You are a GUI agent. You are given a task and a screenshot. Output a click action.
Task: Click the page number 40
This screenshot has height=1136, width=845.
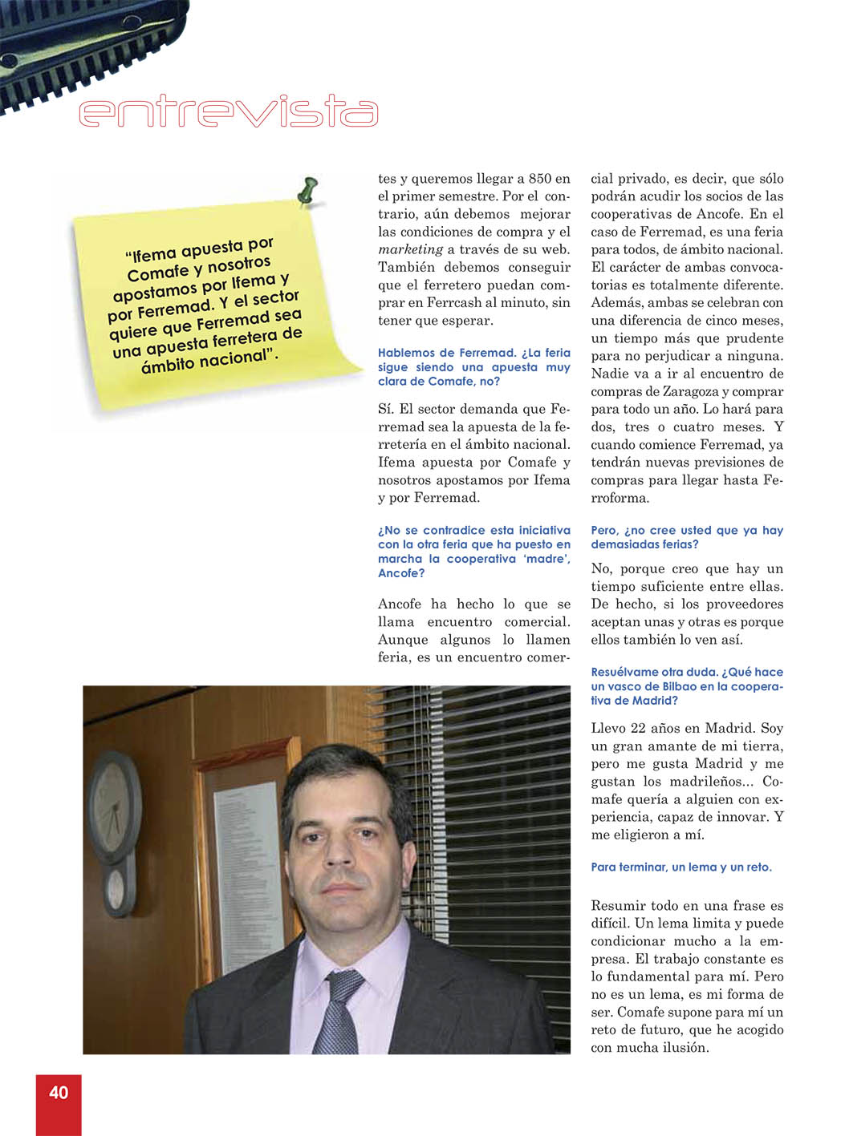[59, 1092]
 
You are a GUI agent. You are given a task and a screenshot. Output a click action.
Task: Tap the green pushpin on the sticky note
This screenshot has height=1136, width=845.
[307, 192]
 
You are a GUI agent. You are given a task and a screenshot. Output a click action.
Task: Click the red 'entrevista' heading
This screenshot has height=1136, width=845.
[229, 112]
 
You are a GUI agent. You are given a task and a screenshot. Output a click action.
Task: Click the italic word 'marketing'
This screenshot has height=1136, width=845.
[410, 249]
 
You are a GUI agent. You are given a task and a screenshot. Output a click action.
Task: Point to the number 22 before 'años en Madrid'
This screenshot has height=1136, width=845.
[638, 728]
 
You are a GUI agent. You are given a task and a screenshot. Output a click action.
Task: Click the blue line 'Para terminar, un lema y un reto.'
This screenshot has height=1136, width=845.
[680, 867]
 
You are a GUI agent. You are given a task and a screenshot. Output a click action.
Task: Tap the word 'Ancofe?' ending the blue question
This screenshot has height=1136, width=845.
[401, 573]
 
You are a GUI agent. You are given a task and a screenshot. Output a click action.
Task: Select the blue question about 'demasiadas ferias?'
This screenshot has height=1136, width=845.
[686, 537]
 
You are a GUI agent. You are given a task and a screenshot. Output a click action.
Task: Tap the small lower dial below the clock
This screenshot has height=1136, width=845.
[117, 889]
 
